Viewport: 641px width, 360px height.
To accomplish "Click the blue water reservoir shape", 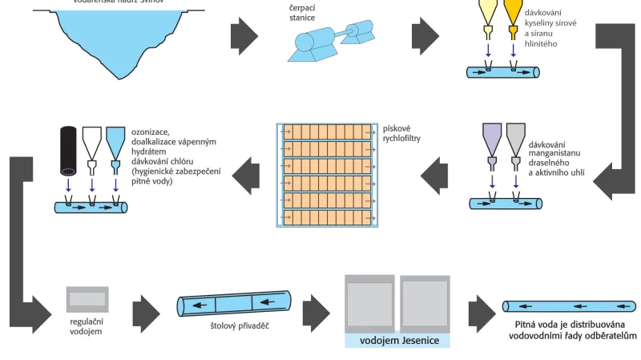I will pos(113,36).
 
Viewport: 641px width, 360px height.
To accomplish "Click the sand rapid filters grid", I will pos(326,174).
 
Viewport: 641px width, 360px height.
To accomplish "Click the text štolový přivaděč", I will pos(233,327).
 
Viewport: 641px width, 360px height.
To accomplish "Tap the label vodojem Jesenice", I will pos(397,339).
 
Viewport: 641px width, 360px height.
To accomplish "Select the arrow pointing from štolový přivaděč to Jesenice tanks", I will pos(317,307).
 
